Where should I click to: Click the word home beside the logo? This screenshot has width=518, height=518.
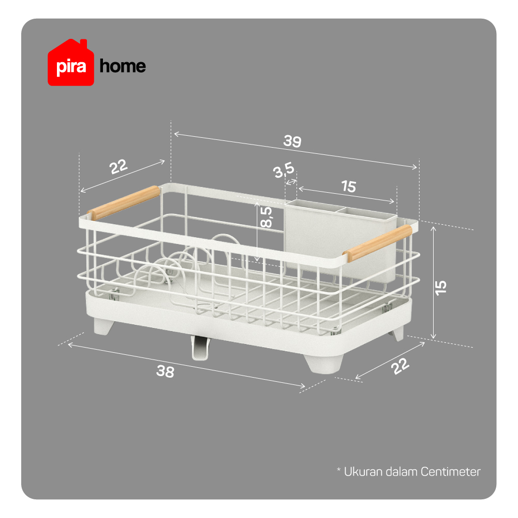(123, 66)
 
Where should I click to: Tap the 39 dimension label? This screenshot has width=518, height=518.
(292, 141)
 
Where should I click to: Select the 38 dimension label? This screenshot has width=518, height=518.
(165, 371)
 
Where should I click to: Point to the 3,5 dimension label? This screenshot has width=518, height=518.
(284, 170)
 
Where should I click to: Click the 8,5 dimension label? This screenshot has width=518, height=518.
(267, 217)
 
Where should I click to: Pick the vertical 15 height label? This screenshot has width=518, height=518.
(441, 288)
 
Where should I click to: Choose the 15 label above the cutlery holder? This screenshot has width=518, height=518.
(349, 186)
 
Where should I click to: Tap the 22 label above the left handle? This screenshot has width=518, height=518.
(119, 167)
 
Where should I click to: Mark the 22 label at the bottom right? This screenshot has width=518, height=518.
(400, 366)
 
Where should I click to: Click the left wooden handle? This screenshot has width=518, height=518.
(124, 203)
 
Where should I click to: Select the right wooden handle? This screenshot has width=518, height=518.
(378, 243)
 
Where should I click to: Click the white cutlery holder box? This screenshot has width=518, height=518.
(341, 240)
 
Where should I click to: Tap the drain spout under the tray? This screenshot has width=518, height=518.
(200, 347)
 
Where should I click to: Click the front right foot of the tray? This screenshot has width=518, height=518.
(324, 364)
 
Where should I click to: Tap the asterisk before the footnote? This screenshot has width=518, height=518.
(338, 469)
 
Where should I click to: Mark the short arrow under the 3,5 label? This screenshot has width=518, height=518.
(291, 182)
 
